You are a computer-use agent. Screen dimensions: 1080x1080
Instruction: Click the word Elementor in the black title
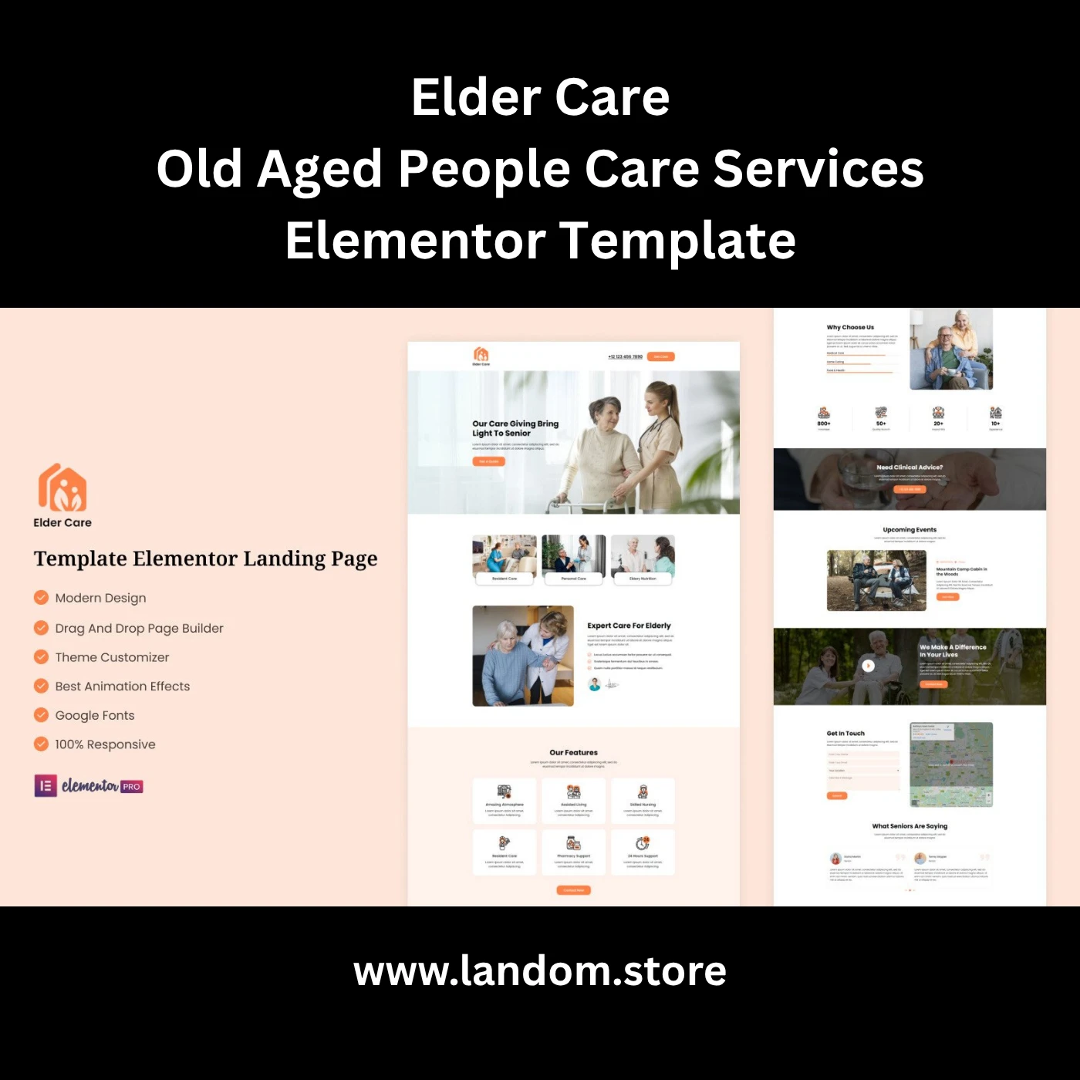coord(415,241)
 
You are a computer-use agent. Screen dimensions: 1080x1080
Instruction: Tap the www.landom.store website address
coord(540,971)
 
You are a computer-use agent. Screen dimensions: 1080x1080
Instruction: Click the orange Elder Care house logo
coord(62,488)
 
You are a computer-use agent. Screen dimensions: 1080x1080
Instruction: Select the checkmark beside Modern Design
coord(41,597)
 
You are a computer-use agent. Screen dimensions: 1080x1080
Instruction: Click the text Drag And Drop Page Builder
coord(139,628)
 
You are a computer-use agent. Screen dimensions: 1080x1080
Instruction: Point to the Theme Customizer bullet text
coord(112,657)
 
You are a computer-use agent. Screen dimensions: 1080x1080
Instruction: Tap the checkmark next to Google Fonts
coord(41,715)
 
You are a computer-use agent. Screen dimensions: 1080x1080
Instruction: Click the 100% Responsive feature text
coord(105,744)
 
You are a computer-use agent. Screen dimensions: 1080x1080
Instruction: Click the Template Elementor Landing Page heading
coord(205,559)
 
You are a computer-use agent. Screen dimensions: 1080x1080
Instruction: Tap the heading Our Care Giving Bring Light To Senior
coord(515,428)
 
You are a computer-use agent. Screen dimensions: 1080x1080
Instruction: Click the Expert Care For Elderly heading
coord(629,626)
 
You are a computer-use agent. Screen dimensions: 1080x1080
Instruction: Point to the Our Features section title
coord(573,752)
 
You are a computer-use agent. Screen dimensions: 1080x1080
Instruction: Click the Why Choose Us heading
coord(850,327)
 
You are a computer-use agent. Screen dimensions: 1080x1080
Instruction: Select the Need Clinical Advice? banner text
coord(910,467)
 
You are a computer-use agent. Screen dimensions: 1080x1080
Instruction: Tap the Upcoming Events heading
coord(910,530)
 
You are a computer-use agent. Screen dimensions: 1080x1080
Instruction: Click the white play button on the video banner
coord(868,666)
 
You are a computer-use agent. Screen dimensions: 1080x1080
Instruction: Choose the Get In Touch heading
coord(845,734)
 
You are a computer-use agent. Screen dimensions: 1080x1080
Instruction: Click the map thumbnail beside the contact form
coord(951,764)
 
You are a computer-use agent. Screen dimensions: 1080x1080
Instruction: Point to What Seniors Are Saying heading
coord(910,826)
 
